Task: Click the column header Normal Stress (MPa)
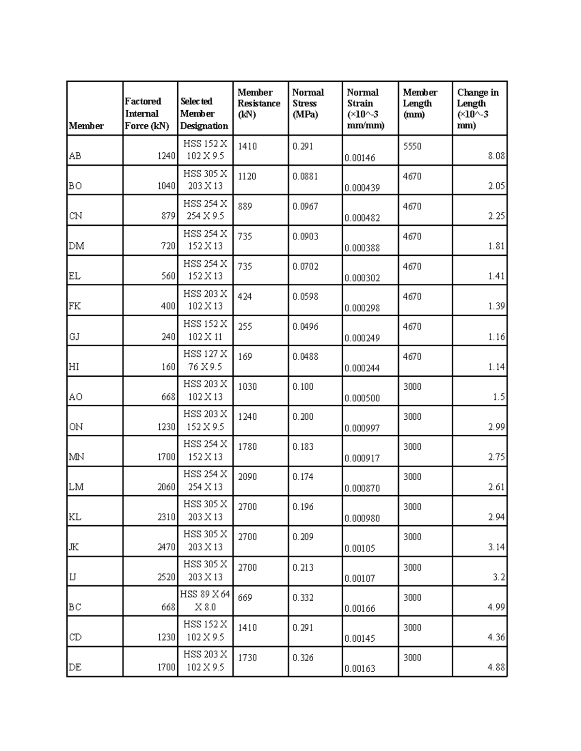[x=308, y=103]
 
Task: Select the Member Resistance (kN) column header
[x=259, y=103]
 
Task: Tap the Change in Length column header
[x=477, y=108]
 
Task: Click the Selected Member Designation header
[x=204, y=114]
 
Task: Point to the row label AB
[x=75, y=156]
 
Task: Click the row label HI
[x=74, y=367]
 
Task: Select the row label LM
[x=76, y=487]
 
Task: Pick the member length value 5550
[x=412, y=147]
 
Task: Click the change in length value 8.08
[x=496, y=156]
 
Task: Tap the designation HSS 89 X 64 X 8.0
[x=205, y=601]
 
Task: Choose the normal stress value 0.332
[x=303, y=598]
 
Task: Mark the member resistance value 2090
[x=247, y=477]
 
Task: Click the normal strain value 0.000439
[x=362, y=188]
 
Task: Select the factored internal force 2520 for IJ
[x=166, y=577]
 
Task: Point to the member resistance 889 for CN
[x=245, y=206]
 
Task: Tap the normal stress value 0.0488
[x=305, y=357]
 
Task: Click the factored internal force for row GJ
[x=168, y=337]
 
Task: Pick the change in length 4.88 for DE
[x=496, y=667]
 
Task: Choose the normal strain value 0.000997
[x=362, y=428]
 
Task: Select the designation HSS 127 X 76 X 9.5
[x=205, y=360]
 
